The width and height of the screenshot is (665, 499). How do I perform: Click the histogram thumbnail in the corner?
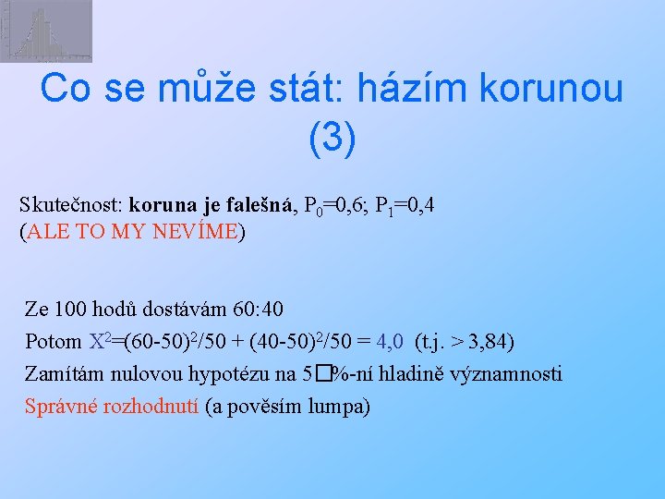[x=46, y=30]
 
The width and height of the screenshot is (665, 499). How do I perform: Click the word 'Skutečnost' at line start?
[x=69, y=206]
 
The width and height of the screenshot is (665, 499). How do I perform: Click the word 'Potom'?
[x=54, y=342]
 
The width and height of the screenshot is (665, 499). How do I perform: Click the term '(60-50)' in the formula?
[x=150, y=342]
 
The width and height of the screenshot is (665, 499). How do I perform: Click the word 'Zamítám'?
[x=64, y=374]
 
